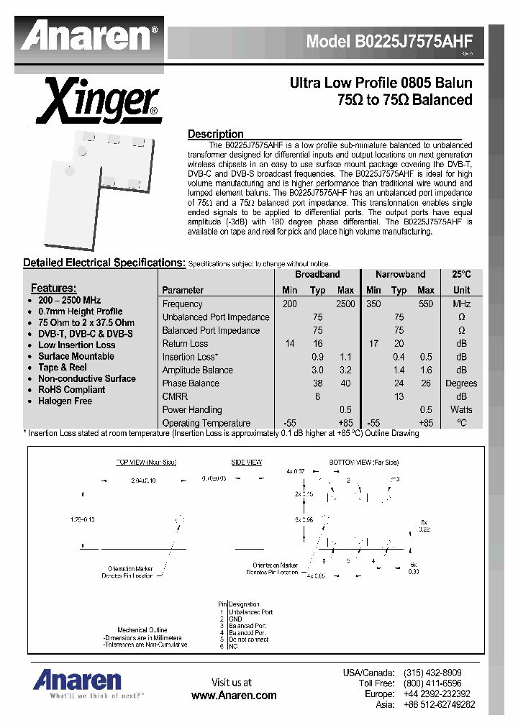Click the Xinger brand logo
pyautogui.click(x=98, y=103)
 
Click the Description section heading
pyautogui.click(x=215, y=134)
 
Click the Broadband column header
pyautogui.click(x=317, y=275)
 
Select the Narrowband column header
pyautogui.click(x=400, y=275)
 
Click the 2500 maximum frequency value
pyautogui.click(x=345, y=304)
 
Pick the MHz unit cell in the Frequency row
pyautogui.click(x=461, y=304)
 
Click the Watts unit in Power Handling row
pyautogui.click(x=461, y=409)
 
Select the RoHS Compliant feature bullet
pyautogui.click(x=71, y=390)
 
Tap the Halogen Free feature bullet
pyautogui.click(x=65, y=401)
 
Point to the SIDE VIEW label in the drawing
pyautogui.click(x=246, y=463)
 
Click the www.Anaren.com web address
pyautogui.click(x=234, y=695)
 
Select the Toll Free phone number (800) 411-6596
pyautogui.click(x=432, y=683)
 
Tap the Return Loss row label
pyautogui.click(x=185, y=344)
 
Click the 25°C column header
pyautogui.click(x=461, y=275)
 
